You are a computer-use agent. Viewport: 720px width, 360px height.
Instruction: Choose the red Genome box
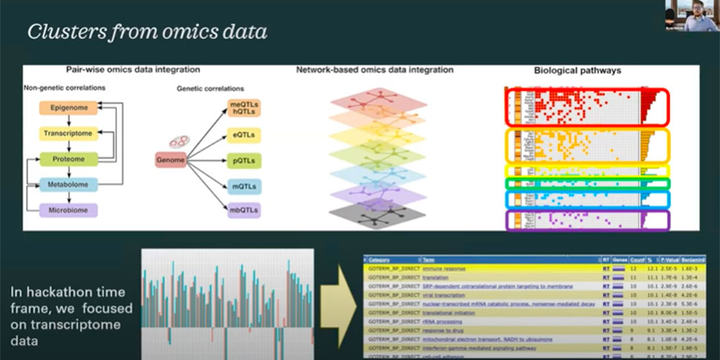(171, 159)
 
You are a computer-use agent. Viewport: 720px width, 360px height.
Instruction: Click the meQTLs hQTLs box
(245, 108)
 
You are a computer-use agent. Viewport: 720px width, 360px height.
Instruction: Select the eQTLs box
(245, 135)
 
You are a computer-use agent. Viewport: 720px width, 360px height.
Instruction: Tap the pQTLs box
(245, 161)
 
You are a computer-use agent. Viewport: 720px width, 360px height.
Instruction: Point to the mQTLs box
(245, 186)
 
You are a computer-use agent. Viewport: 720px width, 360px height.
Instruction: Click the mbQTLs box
(245, 211)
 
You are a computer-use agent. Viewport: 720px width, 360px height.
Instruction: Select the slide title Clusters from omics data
(148, 32)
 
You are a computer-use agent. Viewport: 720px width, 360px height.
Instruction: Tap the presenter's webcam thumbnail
(692, 16)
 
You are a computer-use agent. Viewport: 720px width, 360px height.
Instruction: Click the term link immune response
(444, 269)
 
